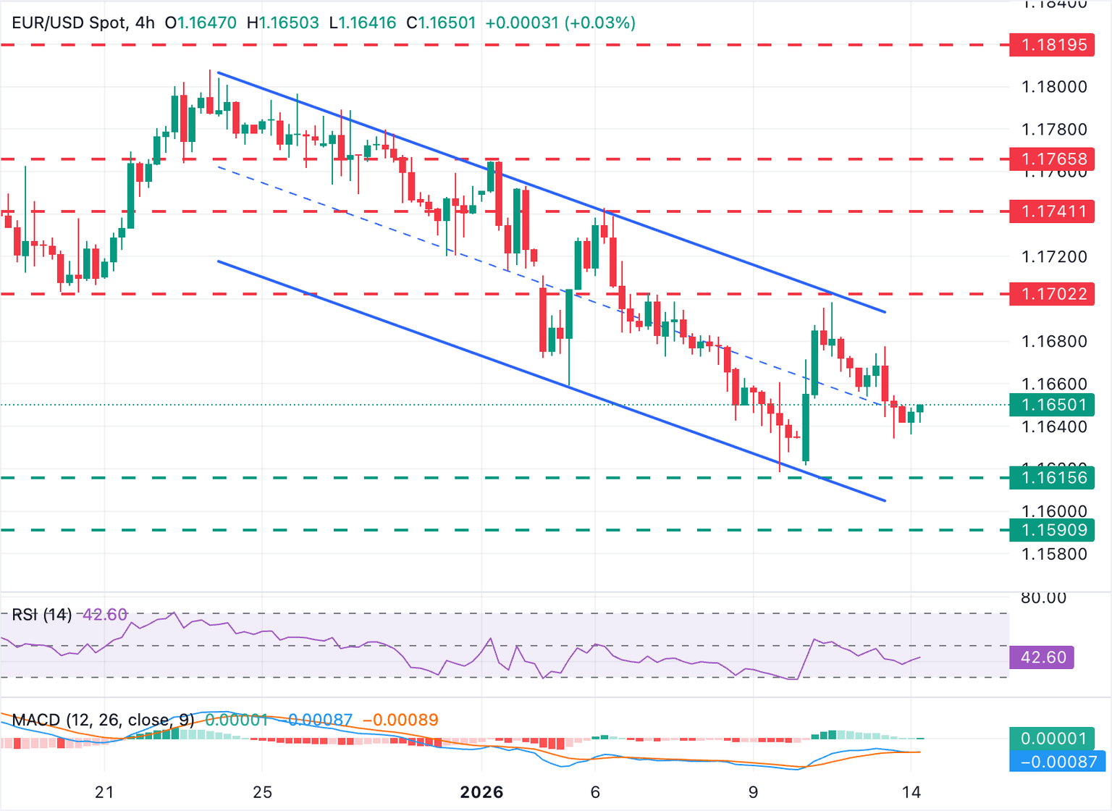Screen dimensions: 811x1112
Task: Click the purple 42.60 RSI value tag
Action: click(1042, 657)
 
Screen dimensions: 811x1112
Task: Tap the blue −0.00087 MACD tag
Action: click(1058, 762)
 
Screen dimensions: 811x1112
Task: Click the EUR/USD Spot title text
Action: click(69, 22)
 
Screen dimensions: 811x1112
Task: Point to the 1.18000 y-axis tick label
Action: click(1053, 87)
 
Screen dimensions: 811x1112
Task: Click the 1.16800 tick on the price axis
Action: click(1053, 341)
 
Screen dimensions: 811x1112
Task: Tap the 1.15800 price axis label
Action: click(1053, 555)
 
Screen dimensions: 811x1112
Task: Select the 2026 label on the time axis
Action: click(481, 792)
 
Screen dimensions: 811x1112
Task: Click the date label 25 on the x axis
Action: click(262, 792)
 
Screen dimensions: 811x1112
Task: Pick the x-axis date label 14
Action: click(911, 792)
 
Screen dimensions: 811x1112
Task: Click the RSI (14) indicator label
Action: click(42, 615)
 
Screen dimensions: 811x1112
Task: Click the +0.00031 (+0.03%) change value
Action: click(560, 22)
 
